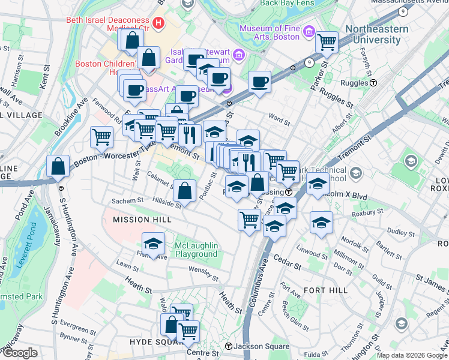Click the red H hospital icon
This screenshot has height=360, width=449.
coord(158,23)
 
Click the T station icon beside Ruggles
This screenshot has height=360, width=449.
coord(373,83)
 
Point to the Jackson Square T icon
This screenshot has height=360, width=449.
coord(229,347)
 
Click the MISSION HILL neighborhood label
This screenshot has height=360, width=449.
coord(142,220)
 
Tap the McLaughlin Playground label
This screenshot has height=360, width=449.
coord(196,250)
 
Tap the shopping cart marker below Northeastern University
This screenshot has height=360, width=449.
coord(327,42)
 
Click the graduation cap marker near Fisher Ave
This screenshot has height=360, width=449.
coord(153,243)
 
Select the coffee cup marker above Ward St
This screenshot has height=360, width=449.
coord(260,82)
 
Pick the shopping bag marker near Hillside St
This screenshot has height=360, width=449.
coord(185,190)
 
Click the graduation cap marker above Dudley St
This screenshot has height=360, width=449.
coord(321,221)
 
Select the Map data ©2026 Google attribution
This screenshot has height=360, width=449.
coord(412,355)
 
